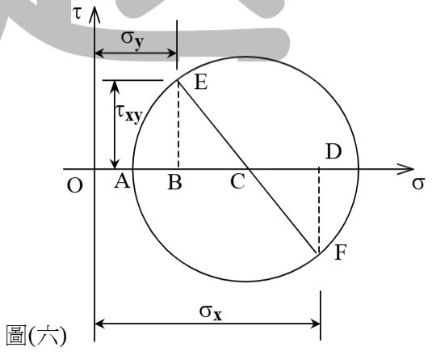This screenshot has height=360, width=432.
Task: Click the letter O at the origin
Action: click(x=74, y=185)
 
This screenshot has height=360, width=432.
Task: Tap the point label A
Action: click(x=122, y=181)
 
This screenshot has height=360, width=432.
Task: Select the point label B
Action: click(x=174, y=182)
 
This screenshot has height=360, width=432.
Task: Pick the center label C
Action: click(x=237, y=182)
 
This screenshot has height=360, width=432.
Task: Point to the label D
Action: click(x=333, y=151)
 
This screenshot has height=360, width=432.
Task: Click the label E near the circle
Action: click(x=201, y=82)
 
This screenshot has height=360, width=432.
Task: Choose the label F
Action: click(x=340, y=252)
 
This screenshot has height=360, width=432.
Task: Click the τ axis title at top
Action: click(x=78, y=13)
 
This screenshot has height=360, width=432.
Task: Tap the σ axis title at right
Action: click(x=418, y=184)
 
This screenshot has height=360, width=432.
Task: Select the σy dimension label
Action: click(x=132, y=39)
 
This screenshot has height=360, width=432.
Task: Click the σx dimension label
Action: click(x=211, y=312)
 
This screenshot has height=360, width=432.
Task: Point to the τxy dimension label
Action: click(x=129, y=113)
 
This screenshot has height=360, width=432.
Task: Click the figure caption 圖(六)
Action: click(x=36, y=336)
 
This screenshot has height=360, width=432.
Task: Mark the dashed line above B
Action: click(x=178, y=124)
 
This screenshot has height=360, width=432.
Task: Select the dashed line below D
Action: click(x=319, y=210)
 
